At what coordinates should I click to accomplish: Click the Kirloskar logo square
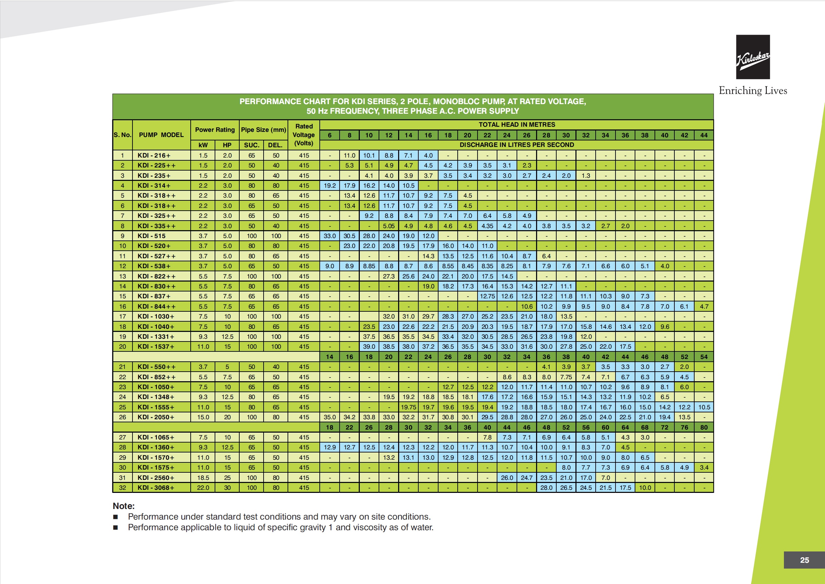click(753, 57)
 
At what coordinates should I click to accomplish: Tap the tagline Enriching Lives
click(753, 91)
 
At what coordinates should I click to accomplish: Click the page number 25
click(804, 560)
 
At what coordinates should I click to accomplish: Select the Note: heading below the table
click(124, 506)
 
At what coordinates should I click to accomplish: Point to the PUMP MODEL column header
click(161, 135)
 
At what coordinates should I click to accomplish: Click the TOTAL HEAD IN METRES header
click(517, 124)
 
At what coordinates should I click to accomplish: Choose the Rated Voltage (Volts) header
click(304, 135)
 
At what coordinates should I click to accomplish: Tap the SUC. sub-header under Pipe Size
click(252, 145)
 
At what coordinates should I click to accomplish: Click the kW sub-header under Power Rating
click(203, 145)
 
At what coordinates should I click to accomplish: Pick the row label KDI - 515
click(152, 236)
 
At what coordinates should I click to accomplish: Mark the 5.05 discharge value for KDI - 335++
click(389, 226)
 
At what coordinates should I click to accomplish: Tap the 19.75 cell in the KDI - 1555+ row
click(408, 407)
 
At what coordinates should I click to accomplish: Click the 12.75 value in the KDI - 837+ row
click(487, 296)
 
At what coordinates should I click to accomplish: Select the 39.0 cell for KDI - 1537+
click(369, 347)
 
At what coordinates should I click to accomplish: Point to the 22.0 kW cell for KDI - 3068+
click(203, 488)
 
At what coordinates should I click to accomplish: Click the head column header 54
click(704, 357)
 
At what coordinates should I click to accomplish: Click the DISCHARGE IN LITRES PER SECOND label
click(517, 145)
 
